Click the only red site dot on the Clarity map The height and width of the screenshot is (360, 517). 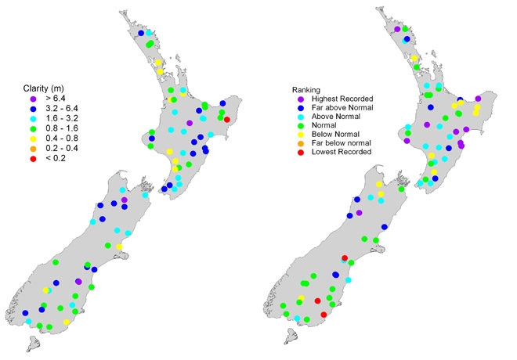click(227, 119)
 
